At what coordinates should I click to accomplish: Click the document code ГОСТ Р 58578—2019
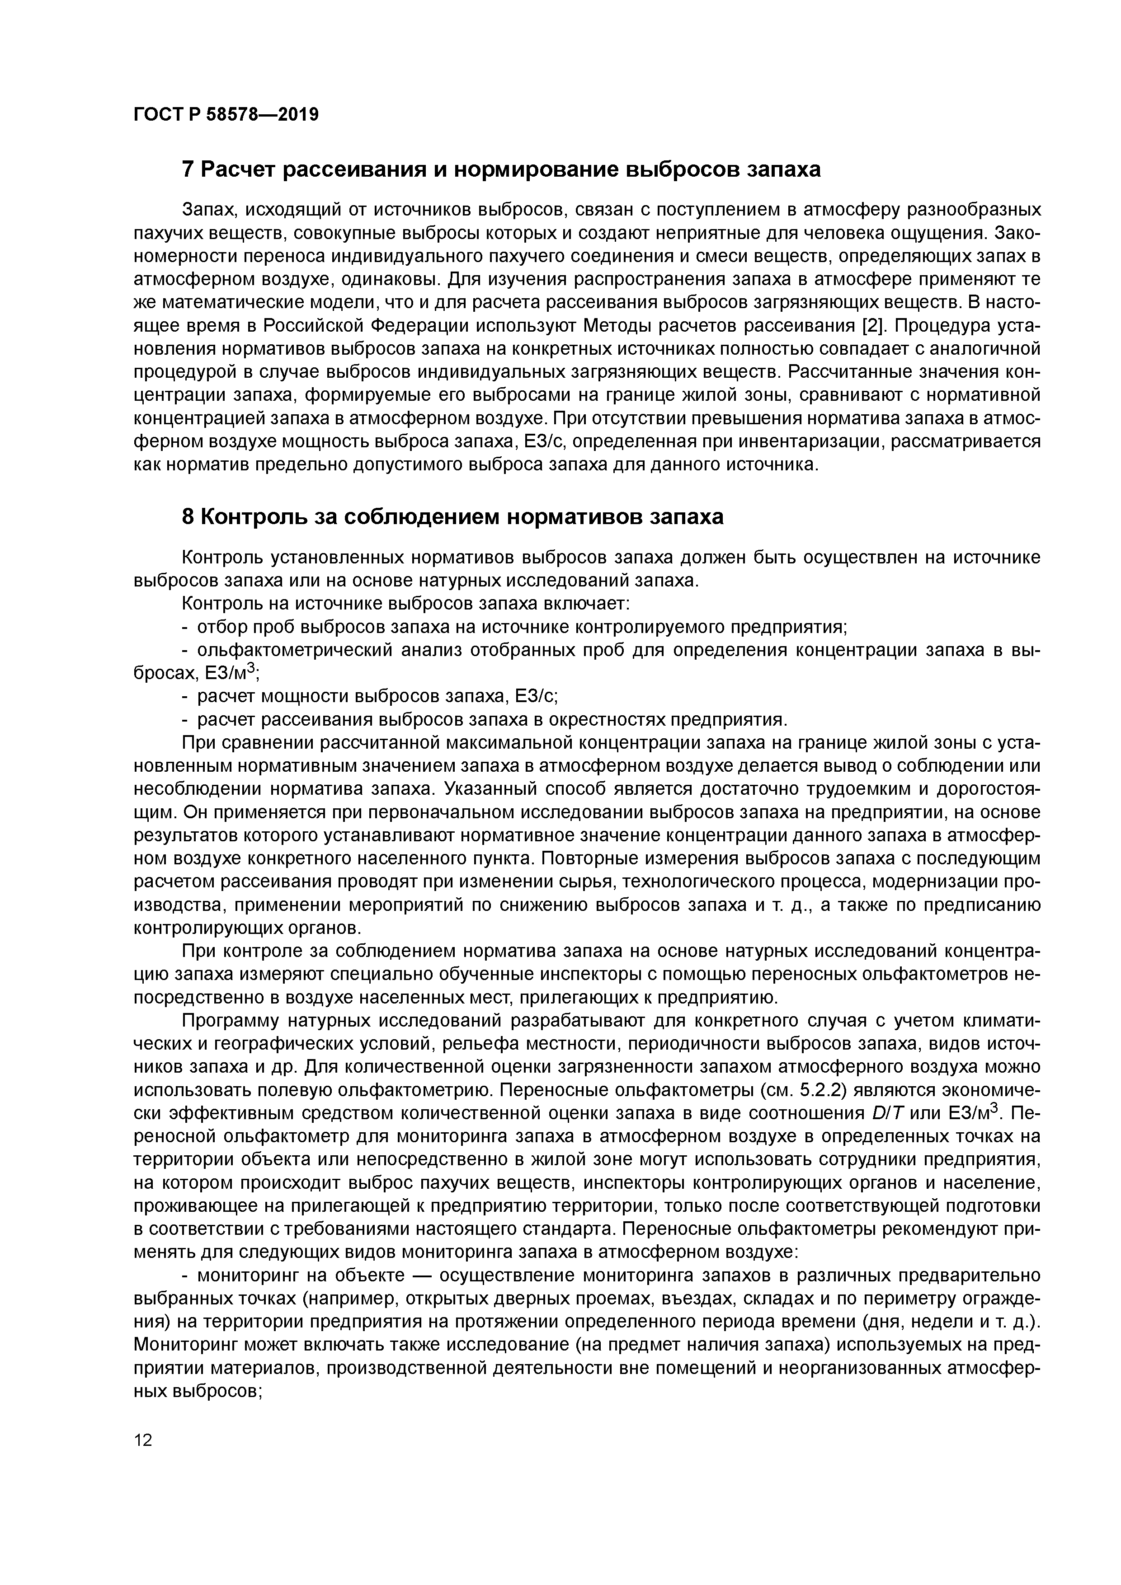(226, 115)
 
